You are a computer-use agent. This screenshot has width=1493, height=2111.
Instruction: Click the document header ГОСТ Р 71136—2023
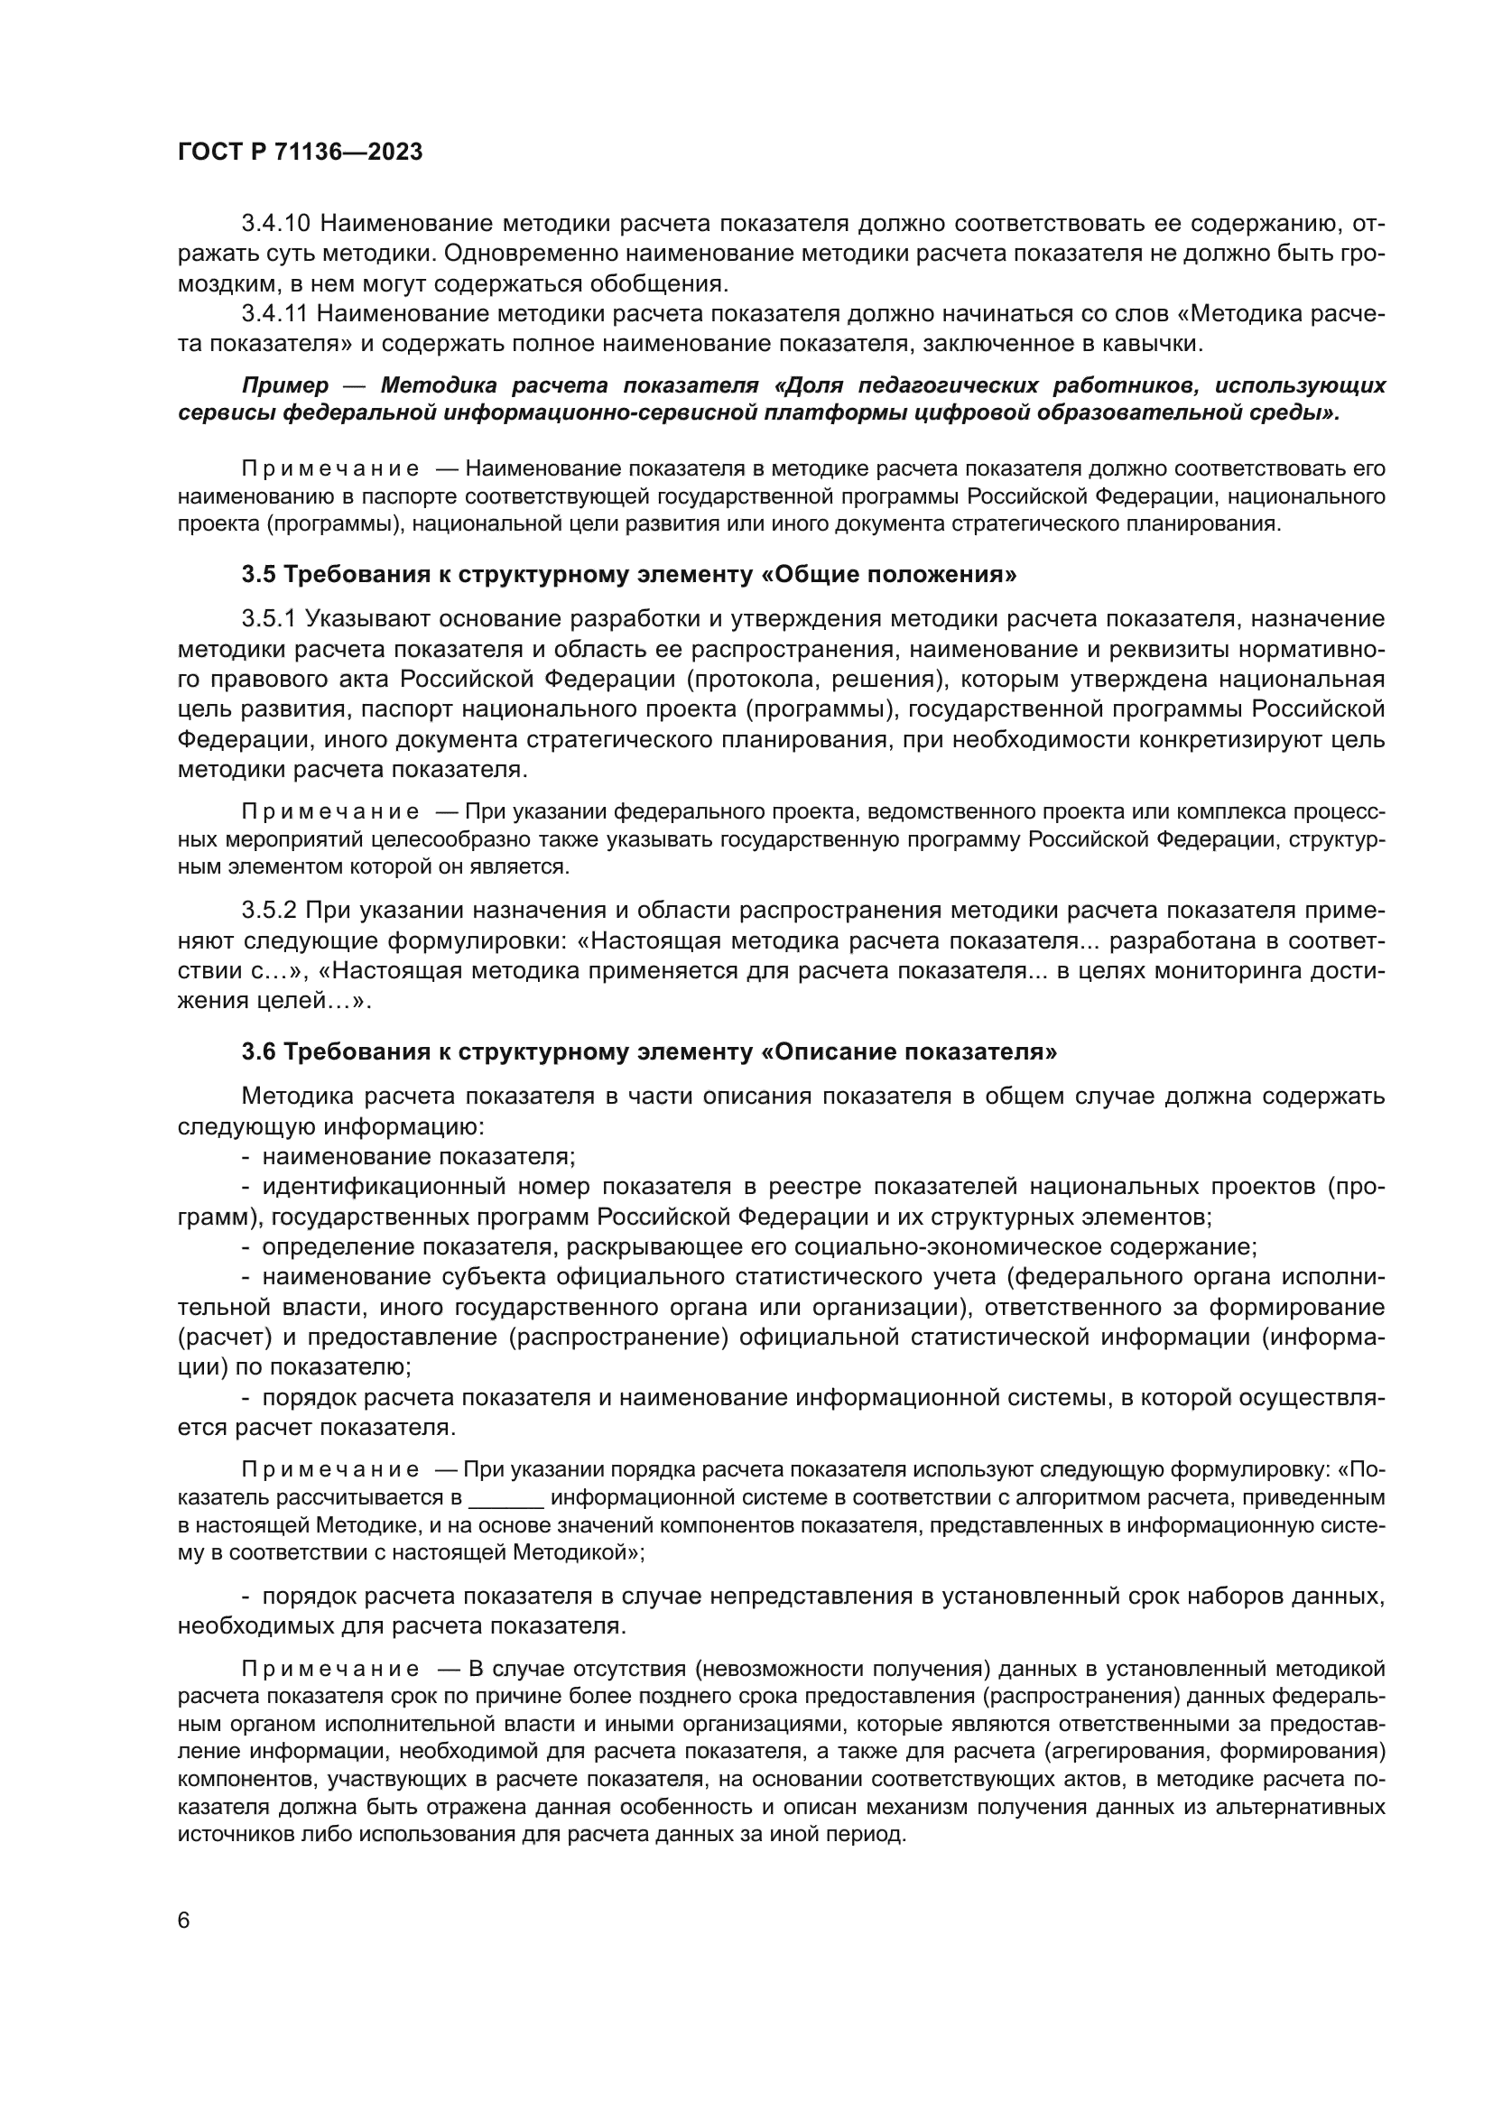300,153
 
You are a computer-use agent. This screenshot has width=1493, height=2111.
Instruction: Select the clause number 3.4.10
277,224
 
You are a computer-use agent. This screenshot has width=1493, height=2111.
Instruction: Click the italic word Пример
284,384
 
